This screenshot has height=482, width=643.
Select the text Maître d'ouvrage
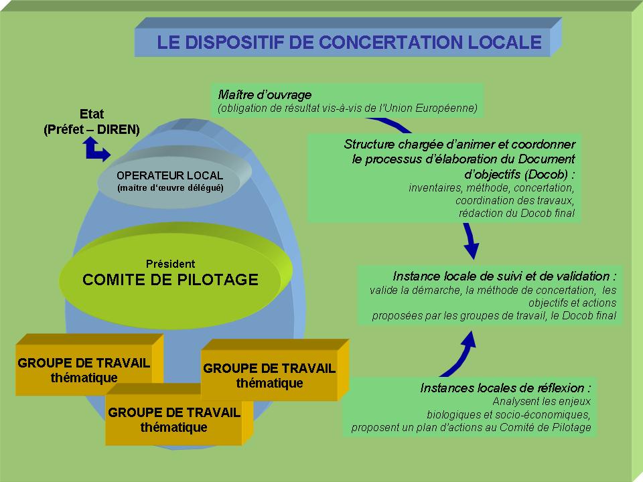265,94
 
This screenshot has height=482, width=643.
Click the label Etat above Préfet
92,114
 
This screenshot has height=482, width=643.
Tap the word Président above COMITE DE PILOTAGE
170,264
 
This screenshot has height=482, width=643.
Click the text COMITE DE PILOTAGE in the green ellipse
170,280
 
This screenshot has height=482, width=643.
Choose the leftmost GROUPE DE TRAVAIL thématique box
84,369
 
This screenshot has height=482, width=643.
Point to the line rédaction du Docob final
516,214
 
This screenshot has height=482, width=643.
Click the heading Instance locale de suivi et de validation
504,276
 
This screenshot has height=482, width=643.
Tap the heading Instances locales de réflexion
506,388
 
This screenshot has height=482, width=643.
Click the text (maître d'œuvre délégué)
169,188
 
